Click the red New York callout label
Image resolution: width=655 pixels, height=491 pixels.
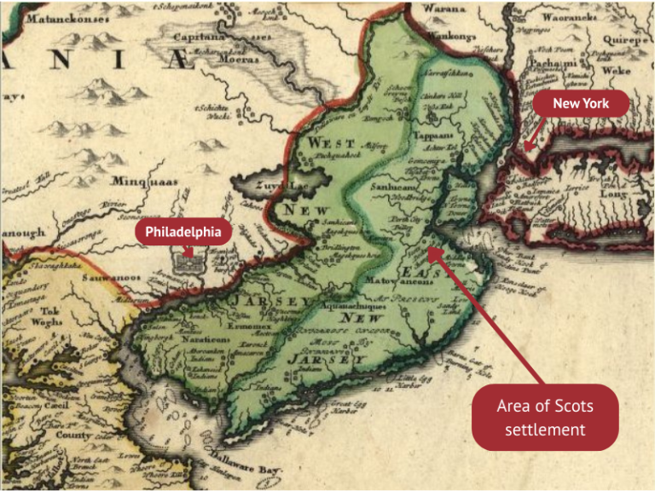580,104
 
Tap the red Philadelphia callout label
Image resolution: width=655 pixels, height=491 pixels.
183,232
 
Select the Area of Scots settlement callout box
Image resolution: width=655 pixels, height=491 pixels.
545,417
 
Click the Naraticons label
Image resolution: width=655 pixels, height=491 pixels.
203,338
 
